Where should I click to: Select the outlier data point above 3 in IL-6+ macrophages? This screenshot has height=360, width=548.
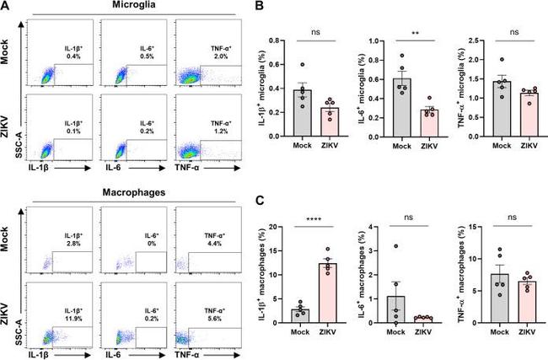point(406,246)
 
